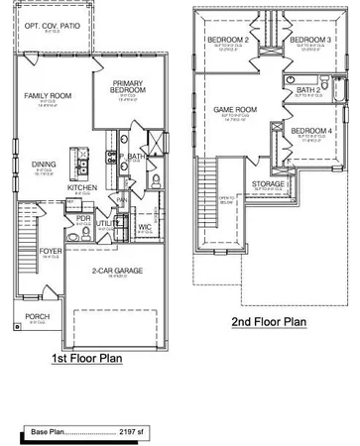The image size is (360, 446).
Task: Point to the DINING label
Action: tap(44, 165)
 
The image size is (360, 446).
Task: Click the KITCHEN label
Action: tap(81, 187)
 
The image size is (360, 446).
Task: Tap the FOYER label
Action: tap(51, 252)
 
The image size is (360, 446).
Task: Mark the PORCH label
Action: tap(38, 317)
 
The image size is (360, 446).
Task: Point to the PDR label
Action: tap(83, 218)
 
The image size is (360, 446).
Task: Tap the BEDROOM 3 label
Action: tap(309, 39)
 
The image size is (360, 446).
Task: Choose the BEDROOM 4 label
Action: tap(310, 131)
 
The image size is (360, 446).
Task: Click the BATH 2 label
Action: tap(308, 89)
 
